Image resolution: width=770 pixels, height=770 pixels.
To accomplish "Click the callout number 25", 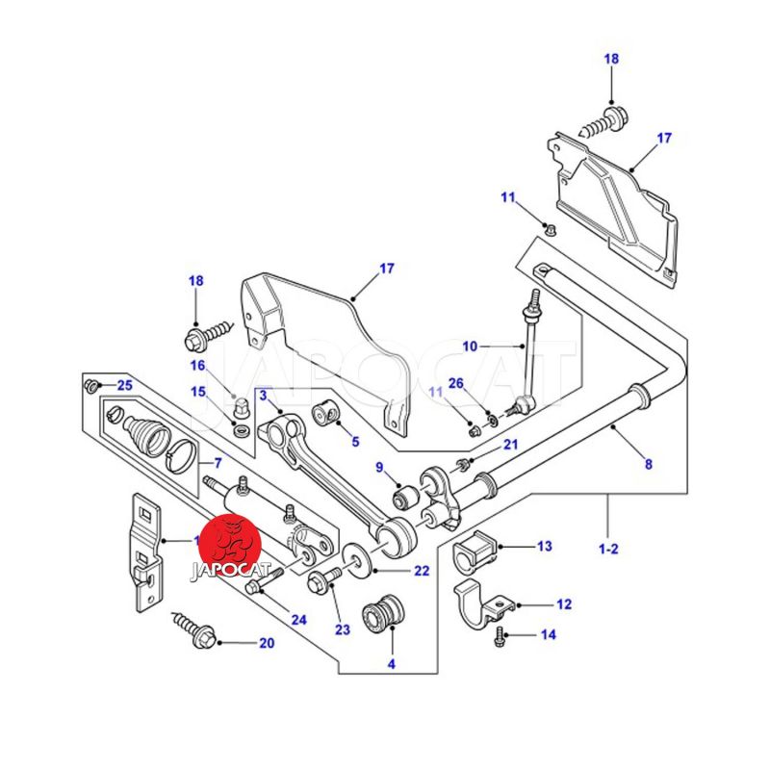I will tap(124, 385).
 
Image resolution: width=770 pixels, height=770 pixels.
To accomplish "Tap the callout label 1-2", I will tap(608, 550).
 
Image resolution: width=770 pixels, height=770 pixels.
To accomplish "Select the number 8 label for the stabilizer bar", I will tap(648, 464).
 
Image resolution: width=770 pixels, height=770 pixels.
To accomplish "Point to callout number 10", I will tap(470, 346).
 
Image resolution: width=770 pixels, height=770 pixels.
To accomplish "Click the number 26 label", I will tap(457, 383).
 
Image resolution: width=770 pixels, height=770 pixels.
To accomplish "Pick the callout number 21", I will tap(510, 444).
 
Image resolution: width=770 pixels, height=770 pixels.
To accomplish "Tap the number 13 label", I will tap(545, 547).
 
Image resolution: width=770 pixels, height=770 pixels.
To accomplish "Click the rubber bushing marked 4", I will tap(384, 616).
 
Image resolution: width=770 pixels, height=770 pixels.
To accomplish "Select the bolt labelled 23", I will tap(322, 578).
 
